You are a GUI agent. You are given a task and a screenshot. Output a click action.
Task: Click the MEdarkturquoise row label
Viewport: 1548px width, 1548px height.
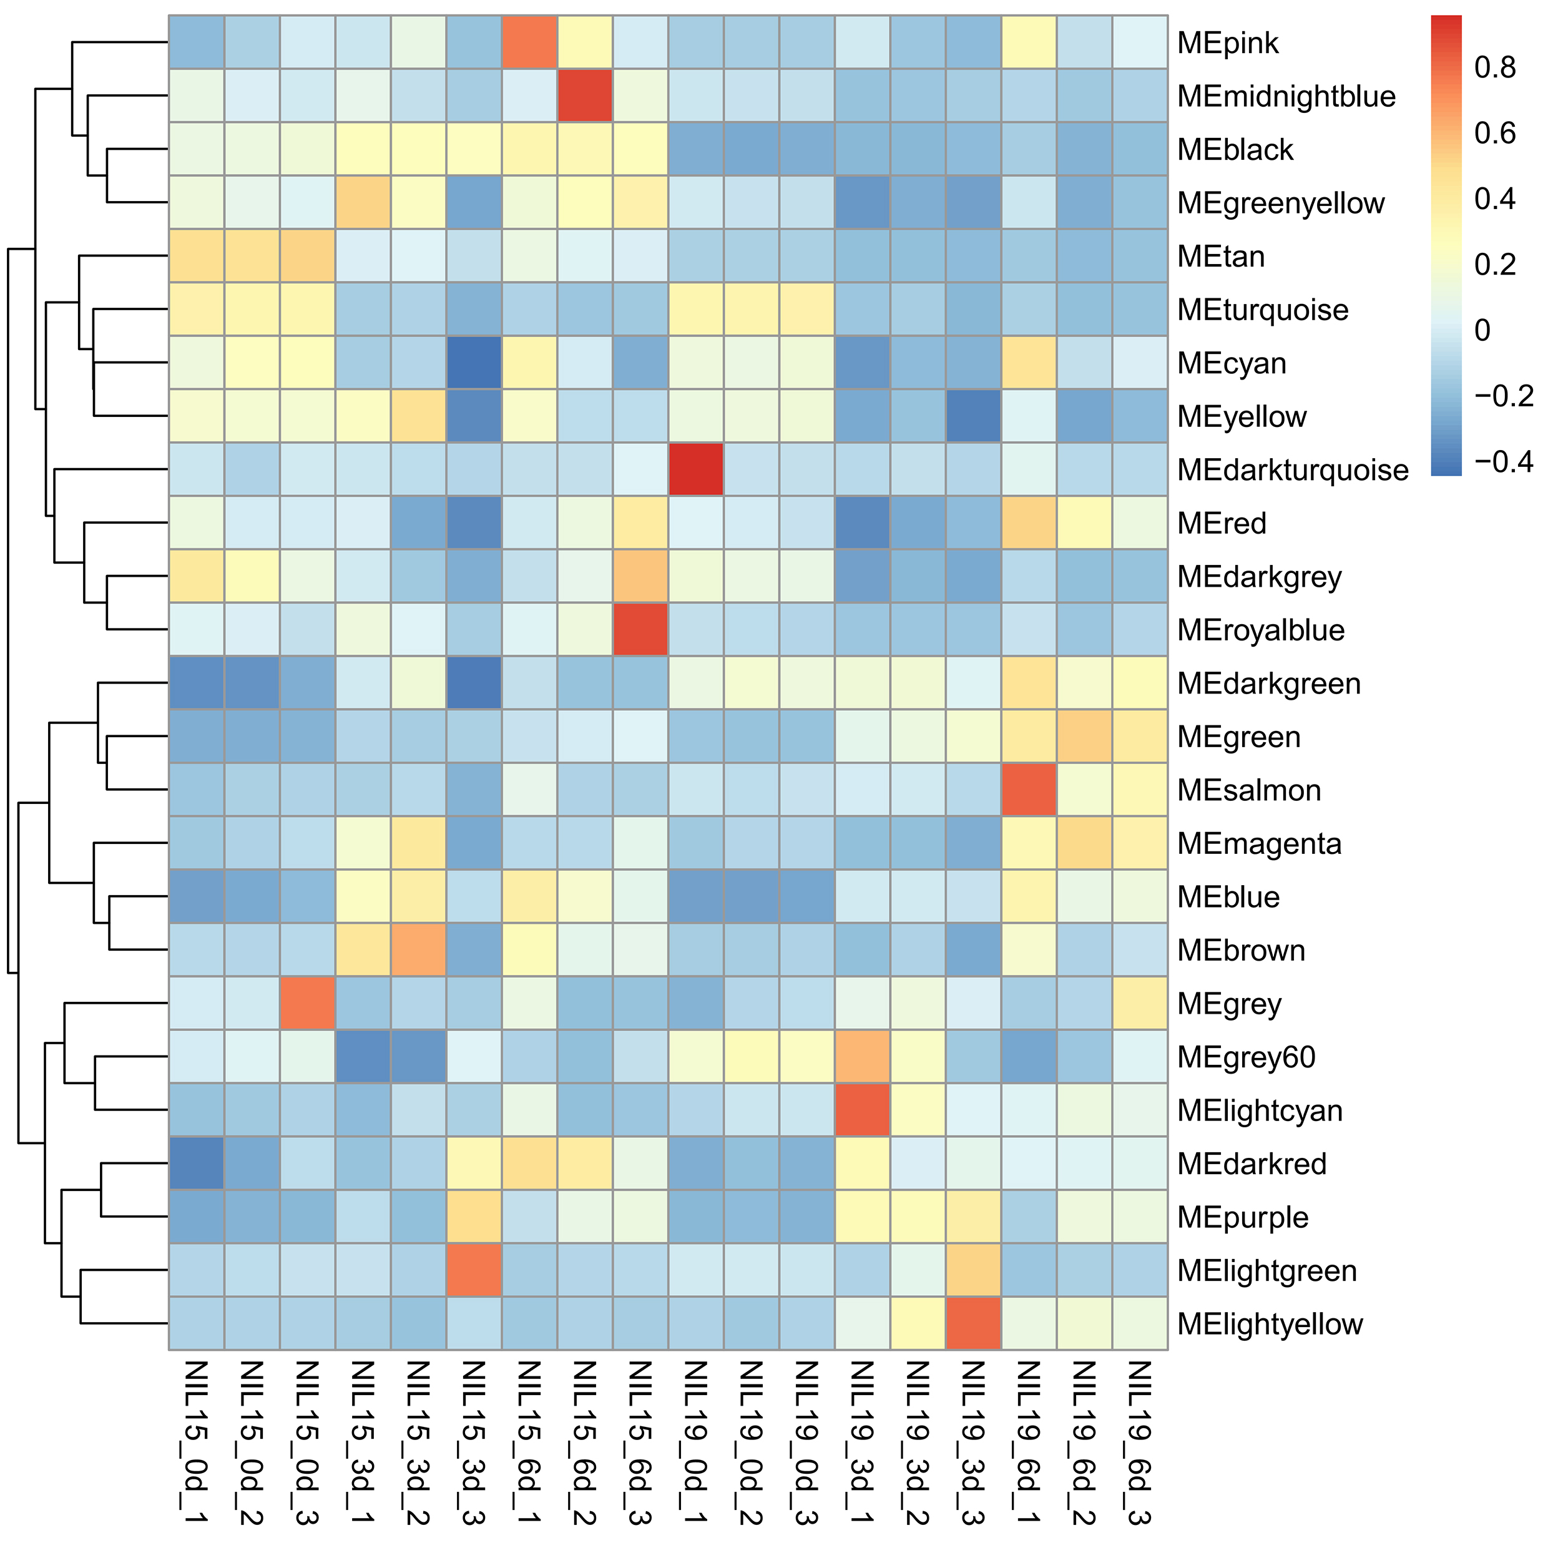coord(1293,470)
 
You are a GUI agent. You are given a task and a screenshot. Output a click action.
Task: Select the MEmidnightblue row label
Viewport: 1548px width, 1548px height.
coord(1286,96)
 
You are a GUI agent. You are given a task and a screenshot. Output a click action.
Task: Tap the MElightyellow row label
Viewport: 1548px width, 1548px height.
coord(1270,1325)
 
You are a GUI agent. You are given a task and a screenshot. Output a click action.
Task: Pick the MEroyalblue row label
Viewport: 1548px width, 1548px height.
coord(1260,630)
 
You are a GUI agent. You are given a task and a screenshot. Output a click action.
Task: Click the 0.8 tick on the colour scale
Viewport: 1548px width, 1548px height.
coord(1495,67)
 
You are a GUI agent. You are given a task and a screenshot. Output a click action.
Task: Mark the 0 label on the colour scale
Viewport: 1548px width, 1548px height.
coord(1482,330)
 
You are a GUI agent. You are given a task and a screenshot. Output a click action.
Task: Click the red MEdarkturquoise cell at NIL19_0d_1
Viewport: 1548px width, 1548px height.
coord(695,469)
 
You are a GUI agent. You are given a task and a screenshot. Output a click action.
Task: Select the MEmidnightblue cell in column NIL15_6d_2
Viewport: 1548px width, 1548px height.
coord(585,96)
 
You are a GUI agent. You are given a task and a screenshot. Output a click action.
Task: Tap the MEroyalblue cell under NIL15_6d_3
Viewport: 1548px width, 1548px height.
coord(640,630)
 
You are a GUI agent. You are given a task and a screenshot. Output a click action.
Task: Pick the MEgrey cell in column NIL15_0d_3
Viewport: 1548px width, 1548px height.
coord(308,1003)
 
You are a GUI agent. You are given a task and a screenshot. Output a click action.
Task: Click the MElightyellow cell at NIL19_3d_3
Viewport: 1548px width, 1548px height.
coord(974,1324)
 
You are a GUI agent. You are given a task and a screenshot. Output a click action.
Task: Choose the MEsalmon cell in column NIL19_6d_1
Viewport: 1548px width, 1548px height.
coord(1029,790)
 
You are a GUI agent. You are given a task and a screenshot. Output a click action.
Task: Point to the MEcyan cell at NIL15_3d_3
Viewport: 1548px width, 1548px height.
coord(474,362)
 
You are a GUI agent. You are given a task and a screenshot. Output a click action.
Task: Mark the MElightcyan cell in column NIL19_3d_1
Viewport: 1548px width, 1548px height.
coord(862,1110)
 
